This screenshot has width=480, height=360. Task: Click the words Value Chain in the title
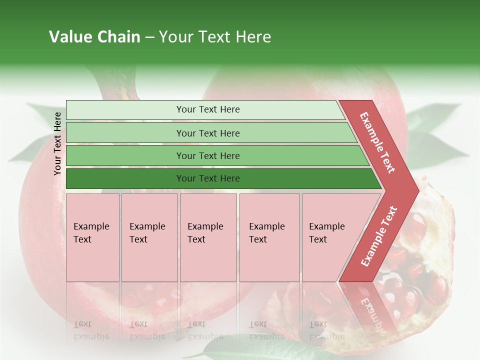click(x=94, y=37)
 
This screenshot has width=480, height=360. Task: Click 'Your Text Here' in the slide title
click(x=215, y=37)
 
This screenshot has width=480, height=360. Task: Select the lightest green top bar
click(x=208, y=109)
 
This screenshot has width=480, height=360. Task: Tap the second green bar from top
click(x=208, y=133)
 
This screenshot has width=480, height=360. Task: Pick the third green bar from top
click(x=208, y=155)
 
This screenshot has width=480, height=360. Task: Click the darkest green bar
click(x=208, y=178)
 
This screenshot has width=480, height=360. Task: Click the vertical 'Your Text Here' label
click(x=57, y=143)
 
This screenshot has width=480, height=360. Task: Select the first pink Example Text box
click(x=92, y=237)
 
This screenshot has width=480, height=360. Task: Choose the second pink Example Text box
click(x=149, y=237)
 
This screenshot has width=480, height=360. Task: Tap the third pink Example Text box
click(x=207, y=237)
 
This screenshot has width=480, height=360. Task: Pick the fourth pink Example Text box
click(x=269, y=237)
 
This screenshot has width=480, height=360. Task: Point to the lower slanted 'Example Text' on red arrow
click(x=379, y=236)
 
